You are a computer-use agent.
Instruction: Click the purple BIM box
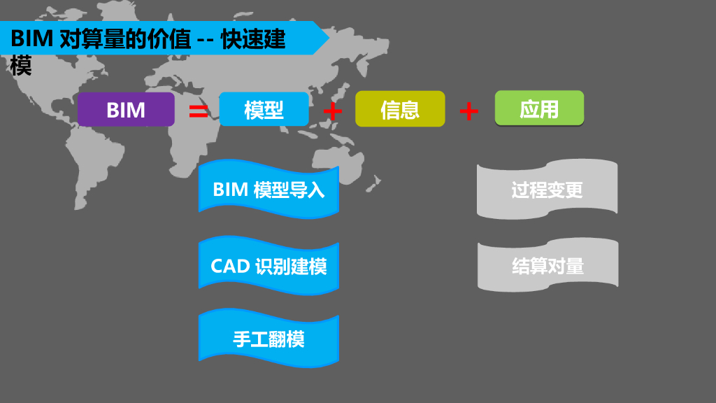click(x=126, y=109)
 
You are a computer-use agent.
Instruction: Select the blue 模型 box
click(x=264, y=109)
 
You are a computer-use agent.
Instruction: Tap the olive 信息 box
click(x=400, y=109)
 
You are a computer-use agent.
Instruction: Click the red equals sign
click(x=199, y=111)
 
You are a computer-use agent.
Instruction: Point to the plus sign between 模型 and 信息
click(x=333, y=111)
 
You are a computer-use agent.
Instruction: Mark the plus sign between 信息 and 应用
click(x=469, y=111)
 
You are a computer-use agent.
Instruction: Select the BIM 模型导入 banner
click(x=268, y=190)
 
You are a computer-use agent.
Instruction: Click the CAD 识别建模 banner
click(x=268, y=266)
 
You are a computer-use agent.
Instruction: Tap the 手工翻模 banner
click(x=268, y=340)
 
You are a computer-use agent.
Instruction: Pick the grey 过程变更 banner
click(x=547, y=190)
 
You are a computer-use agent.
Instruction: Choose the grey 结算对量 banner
click(x=547, y=266)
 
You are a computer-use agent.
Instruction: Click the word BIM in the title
click(x=32, y=39)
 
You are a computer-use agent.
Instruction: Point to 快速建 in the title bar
click(x=253, y=39)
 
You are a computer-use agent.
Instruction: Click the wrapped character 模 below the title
click(x=21, y=66)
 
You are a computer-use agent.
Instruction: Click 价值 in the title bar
click(x=170, y=39)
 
